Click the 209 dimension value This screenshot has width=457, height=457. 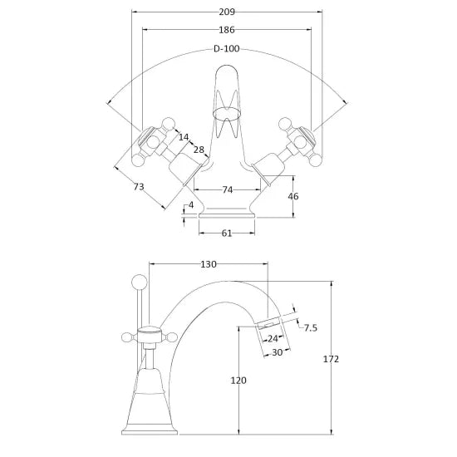[x=227, y=12]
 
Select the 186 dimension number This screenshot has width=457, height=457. [x=227, y=30]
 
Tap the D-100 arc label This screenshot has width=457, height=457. [x=227, y=48]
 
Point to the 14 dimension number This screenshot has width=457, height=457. [x=184, y=137]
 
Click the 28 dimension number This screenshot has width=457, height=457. [x=199, y=150]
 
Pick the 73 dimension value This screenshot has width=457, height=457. [x=139, y=186]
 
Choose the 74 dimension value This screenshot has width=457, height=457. [x=228, y=189]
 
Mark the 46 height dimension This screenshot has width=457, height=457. [x=293, y=196]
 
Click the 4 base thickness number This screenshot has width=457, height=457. [x=191, y=205]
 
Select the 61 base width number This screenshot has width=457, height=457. [x=227, y=233]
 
